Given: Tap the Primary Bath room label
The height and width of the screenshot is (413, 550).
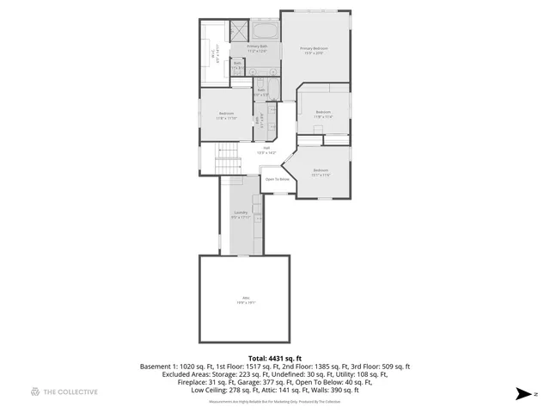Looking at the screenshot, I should (x=257, y=46).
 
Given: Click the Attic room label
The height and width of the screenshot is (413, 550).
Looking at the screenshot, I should (x=246, y=299).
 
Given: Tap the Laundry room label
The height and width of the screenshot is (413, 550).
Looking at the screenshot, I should (x=241, y=213).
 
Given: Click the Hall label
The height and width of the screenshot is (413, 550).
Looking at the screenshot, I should (x=267, y=148).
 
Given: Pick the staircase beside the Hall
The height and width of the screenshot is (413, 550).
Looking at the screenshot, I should (x=228, y=160).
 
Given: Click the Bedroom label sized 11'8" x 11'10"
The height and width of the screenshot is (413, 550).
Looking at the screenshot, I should (x=226, y=114).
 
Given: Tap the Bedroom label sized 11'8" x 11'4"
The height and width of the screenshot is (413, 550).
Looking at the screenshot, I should (x=323, y=112).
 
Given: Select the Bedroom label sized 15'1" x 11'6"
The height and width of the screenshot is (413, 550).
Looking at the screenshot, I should (x=321, y=170).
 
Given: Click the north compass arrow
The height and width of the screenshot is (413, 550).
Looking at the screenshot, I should (x=522, y=394).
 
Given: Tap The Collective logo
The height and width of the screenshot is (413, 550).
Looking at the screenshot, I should (x=64, y=392).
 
